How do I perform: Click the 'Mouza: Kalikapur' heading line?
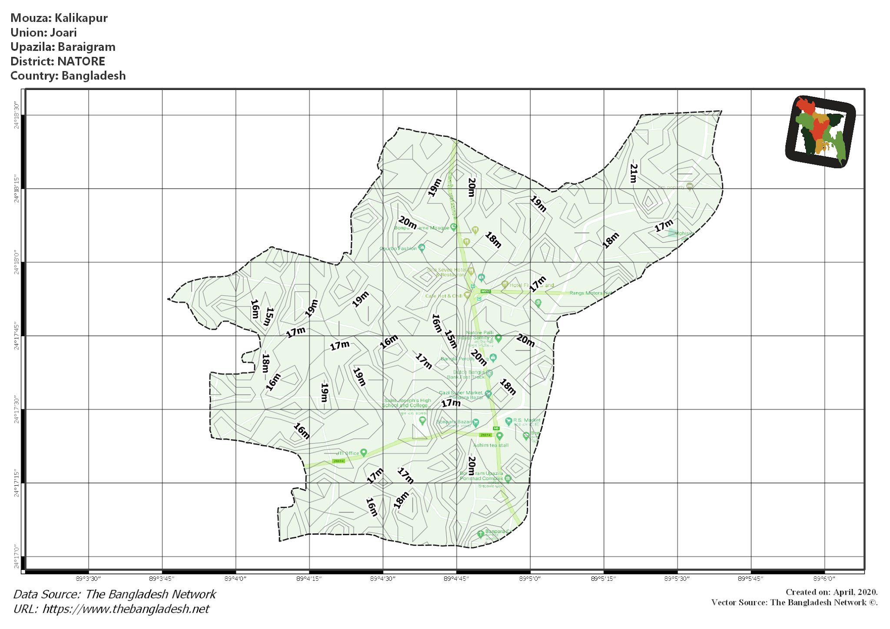59,18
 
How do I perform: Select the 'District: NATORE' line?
58,61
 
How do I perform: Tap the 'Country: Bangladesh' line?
68,76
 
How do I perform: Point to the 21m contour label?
634,173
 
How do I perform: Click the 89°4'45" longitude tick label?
456,579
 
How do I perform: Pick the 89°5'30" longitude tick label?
677,579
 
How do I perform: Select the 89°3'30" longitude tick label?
89,579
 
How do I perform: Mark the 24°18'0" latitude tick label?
17,262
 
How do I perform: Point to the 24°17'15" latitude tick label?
17,483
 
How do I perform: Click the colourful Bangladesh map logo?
820,132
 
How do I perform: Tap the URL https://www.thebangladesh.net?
126,609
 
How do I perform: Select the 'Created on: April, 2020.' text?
831,592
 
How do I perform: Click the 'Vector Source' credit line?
794,603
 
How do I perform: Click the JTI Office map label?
348,453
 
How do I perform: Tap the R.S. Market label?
527,420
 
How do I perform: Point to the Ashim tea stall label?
491,445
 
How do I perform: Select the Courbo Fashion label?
398,248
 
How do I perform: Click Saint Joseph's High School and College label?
407,403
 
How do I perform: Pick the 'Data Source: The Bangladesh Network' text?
115,594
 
